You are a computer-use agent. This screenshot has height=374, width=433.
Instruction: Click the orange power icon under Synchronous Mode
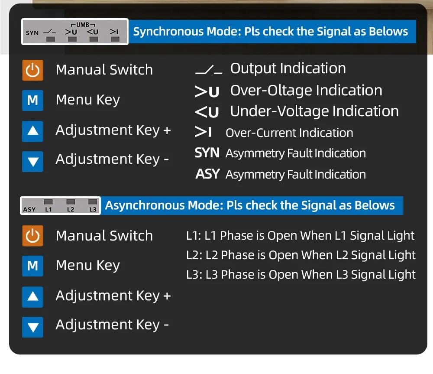32,70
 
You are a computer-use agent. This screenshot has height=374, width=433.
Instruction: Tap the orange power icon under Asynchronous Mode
32,236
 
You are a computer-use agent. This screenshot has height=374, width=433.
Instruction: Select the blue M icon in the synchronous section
32,101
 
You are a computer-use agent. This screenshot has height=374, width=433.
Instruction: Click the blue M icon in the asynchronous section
32,266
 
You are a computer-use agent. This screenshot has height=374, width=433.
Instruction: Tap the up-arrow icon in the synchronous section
32,131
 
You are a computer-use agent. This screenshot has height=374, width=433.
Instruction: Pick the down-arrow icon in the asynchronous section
32,327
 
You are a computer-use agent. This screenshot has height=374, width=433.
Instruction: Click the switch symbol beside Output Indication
209,70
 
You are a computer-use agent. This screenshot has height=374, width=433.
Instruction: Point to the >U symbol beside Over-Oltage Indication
207,91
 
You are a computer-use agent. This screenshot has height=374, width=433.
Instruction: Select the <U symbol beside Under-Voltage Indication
207,112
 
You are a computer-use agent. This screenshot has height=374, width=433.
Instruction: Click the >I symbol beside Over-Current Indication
203,132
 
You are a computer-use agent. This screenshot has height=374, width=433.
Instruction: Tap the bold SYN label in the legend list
207,153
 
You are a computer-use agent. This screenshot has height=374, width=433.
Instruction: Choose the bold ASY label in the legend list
207,174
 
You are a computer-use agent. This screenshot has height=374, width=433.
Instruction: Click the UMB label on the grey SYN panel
83,25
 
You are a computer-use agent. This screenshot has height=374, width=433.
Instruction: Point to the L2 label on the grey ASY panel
71,209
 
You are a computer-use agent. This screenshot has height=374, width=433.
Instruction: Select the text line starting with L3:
301,275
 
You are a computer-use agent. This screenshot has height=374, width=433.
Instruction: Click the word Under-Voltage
280,111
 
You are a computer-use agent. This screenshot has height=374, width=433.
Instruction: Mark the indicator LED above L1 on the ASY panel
48,202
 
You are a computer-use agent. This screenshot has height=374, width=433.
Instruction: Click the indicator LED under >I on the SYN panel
115,39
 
